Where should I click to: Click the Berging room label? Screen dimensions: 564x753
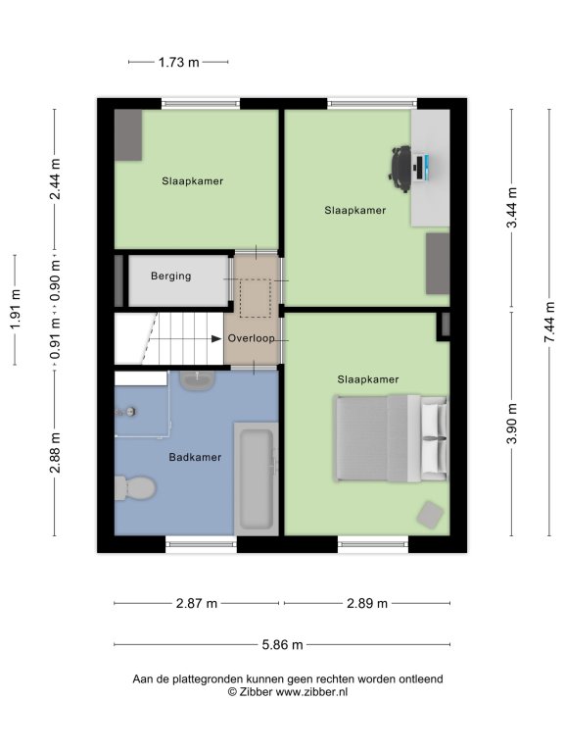[170, 276]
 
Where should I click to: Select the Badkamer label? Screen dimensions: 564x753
[195, 457]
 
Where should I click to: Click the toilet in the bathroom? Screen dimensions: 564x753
[135, 488]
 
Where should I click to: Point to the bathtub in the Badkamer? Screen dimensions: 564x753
[257, 478]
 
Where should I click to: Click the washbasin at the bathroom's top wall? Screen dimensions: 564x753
[197, 380]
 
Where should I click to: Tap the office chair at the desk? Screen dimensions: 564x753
[399, 169]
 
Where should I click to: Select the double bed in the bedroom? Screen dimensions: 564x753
[392, 438]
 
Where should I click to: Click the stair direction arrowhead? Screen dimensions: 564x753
[216, 338]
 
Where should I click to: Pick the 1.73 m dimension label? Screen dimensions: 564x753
[179, 62]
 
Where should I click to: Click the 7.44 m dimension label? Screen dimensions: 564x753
[549, 323]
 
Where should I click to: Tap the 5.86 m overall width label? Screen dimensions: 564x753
[282, 644]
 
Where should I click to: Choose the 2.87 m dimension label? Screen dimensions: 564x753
[197, 603]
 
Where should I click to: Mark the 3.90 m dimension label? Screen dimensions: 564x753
[512, 424]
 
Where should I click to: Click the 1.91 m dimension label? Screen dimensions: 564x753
[16, 309]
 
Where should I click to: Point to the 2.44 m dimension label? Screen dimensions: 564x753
[55, 178]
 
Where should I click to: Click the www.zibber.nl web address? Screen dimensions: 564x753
[311, 692]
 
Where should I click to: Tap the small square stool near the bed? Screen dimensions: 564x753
[430, 515]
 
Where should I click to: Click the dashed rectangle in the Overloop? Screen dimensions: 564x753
[256, 299]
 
